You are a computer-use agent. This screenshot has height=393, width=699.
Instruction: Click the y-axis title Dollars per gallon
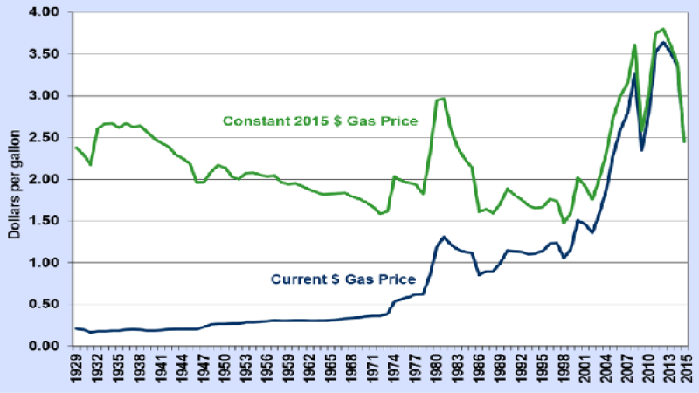(14, 180)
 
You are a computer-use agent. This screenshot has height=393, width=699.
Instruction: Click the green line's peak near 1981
(444, 99)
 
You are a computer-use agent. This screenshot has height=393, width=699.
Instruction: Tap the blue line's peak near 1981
(445, 237)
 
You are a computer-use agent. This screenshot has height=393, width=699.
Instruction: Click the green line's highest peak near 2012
(663, 29)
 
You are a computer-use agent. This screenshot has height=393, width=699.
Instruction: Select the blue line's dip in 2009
(642, 150)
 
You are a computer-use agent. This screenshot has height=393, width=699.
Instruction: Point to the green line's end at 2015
(684, 141)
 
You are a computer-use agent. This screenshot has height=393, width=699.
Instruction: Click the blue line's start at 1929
(76, 328)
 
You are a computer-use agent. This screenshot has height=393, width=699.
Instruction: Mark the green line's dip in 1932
(91, 164)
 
